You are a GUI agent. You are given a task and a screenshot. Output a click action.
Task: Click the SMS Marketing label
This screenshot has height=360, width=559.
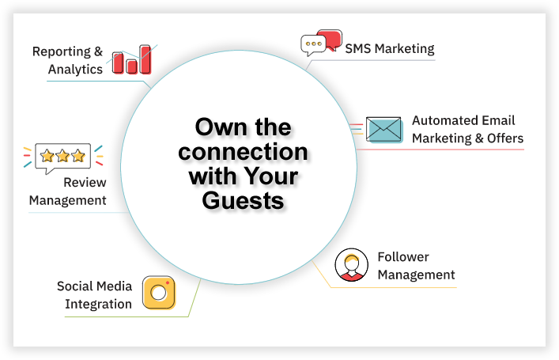pyautogui.click(x=390, y=48)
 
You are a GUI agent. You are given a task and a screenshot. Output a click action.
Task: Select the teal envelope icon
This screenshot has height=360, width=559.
pyautogui.click(x=384, y=130)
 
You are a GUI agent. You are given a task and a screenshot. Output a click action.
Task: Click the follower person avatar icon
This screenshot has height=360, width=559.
pyautogui.click(x=352, y=265)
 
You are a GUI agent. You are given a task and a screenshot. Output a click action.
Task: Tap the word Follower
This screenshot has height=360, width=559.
pyautogui.click(x=403, y=257)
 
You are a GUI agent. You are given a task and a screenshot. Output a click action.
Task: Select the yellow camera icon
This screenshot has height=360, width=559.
pyautogui.click(x=159, y=293)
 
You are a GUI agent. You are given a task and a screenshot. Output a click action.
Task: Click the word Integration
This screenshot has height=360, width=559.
pyautogui.click(x=98, y=305)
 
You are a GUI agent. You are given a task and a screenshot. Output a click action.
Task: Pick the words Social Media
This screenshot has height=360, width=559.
pyautogui.click(x=94, y=286)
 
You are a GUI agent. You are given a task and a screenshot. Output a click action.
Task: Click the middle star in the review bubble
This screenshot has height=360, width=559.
pyautogui.click(x=62, y=156)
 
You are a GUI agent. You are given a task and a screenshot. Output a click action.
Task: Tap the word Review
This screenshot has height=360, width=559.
pyautogui.click(x=85, y=182)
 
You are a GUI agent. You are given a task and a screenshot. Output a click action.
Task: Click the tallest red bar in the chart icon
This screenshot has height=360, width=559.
pyautogui.click(x=145, y=59)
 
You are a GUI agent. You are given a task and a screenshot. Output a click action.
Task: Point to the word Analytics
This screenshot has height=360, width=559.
pyautogui.click(x=75, y=69)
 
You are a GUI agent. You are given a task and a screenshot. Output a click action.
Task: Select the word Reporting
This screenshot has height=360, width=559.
pyautogui.click(x=62, y=51)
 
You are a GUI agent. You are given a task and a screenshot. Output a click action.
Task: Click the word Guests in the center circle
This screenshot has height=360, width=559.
pyautogui.click(x=244, y=200)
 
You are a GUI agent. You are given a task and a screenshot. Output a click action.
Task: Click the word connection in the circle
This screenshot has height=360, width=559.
pyautogui.click(x=244, y=152)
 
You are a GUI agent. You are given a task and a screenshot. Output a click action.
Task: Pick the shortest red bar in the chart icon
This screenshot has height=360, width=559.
pyautogui.click(x=131, y=66)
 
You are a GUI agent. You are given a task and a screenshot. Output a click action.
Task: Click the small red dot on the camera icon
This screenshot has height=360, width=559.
pyautogui.click(x=167, y=283)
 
